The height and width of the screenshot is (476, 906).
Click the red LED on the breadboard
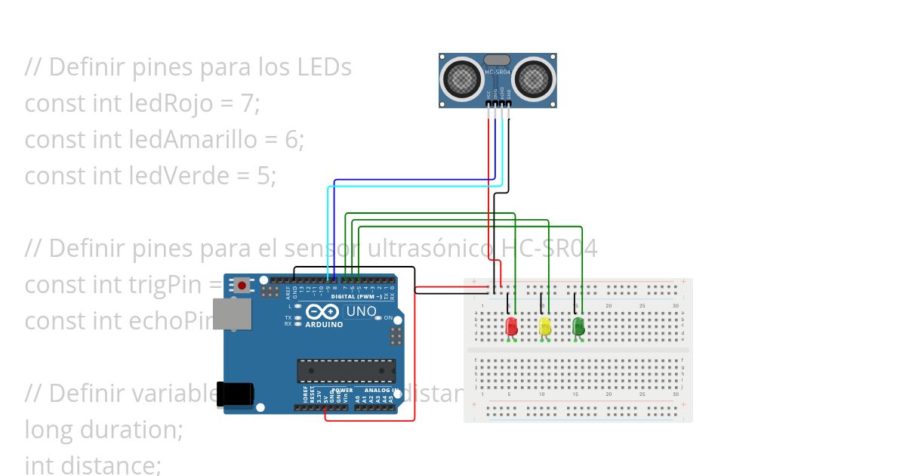[511, 326]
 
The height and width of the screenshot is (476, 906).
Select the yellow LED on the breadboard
[545, 326]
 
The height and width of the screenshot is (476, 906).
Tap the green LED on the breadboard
[578, 326]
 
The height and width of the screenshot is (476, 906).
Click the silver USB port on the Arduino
[231, 314]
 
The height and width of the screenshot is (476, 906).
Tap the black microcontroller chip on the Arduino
[346, 371]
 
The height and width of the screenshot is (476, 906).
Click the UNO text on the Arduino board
[361, 311]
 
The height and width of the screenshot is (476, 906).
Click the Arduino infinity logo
[324, 312]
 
